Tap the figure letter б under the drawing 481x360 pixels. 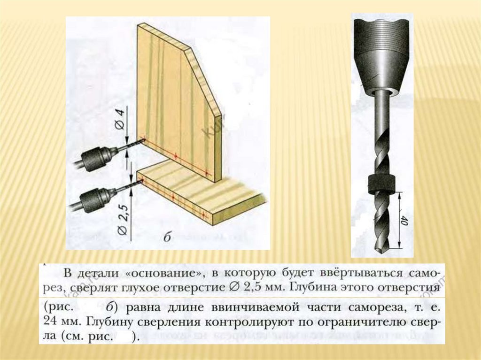tap(167, 237)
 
